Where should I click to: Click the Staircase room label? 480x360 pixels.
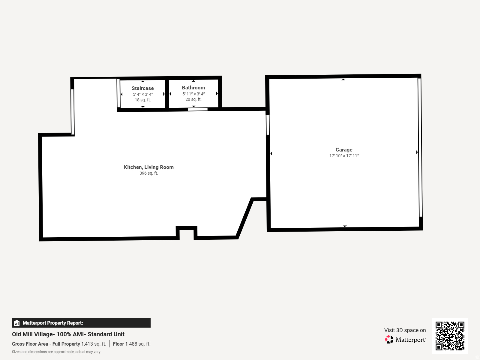[142, 88]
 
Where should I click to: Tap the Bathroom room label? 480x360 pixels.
[193, 88]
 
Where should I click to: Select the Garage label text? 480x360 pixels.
[344, 150]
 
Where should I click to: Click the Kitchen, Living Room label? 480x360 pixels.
[148, 167]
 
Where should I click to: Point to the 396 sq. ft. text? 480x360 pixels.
[148, 173]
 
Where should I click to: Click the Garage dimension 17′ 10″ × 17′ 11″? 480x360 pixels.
[344, 156]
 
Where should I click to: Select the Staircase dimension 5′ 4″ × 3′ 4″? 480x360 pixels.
[143, 94]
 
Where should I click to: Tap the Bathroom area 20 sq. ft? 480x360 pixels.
[193, 99]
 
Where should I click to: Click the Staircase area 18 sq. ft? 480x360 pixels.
[142, 100]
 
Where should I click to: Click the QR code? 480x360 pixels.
[450, 336]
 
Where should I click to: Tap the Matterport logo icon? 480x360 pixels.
[389, 339]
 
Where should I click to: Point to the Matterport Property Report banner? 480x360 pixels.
[81, 323]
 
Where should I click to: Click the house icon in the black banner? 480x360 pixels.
[17, 323]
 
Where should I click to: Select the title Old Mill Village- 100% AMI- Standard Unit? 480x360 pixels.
[68, 334]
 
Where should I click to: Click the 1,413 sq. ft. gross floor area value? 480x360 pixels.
[94, 344]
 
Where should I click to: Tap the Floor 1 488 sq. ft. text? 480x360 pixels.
[131, 344]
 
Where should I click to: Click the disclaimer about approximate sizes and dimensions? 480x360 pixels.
[56, 352]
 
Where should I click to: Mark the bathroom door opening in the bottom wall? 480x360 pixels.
[197, 109]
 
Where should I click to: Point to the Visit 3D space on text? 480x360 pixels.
[405, 330]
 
